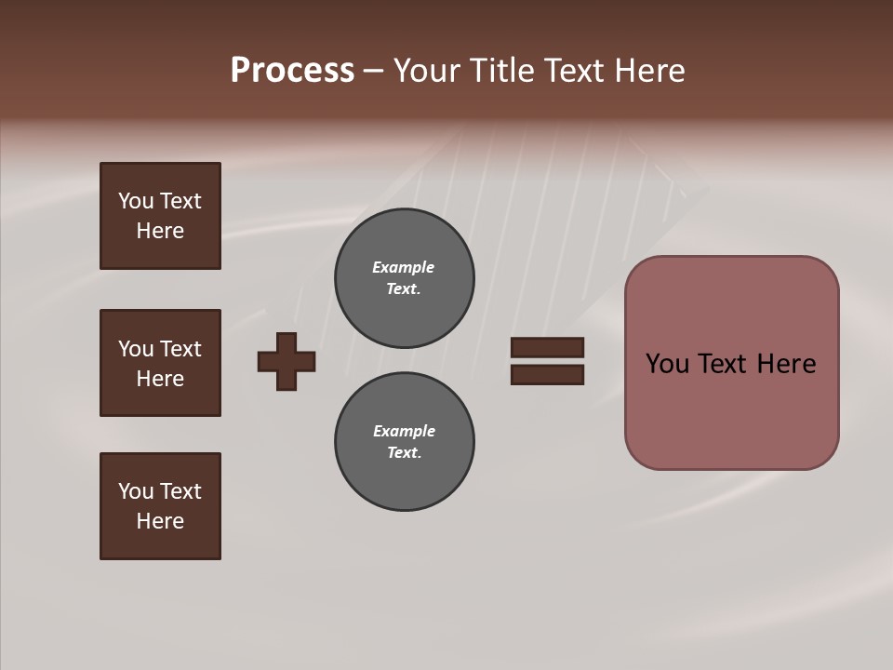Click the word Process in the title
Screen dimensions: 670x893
[292, 70]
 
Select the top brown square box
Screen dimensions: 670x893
[160, 216]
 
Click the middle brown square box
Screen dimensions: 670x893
[160, 363]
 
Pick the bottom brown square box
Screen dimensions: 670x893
[160, 506]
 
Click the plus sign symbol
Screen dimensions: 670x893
[287, 361]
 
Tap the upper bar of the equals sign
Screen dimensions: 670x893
[547, 348]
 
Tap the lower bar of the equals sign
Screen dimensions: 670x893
[547, 374]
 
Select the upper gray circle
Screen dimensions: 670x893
[404, 278]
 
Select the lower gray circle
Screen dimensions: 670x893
[404, 442]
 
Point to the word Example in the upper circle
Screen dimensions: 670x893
[403, 267]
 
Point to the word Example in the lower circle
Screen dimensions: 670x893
[404, 431]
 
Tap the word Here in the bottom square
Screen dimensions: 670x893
[160, 521]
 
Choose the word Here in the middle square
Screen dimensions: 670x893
[160, 379]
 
